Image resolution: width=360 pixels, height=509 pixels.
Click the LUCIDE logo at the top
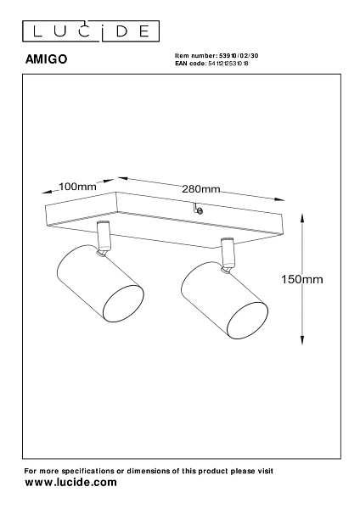tap(91, 31)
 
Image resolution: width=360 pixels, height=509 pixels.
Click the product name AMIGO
tap(46, 59)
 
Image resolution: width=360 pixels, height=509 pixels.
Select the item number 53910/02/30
tap(239, 55)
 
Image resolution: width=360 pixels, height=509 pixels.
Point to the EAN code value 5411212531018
tap(228, 64)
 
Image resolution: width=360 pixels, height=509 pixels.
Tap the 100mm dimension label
tap(77, 187)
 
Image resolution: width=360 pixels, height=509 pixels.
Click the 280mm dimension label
tap(200, 189)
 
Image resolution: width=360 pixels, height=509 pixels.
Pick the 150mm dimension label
tap(302, 279)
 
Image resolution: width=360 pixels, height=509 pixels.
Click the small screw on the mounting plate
tap(200, 211)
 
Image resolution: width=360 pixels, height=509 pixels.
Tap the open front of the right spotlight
tap(247, 321)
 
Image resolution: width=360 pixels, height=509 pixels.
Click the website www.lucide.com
tap(70, 483)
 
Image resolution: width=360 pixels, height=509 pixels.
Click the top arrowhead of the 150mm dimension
tap(302, 218)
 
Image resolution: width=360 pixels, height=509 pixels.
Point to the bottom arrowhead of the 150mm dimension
tap(302, 339)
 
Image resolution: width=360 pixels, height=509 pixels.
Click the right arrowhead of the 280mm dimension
tap(279, 199)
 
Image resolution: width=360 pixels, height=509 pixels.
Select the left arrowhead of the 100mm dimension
tap(47, 192)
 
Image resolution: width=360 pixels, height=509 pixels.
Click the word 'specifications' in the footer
tap(87, 471)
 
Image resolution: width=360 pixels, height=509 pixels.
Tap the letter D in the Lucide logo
tap(122, 31)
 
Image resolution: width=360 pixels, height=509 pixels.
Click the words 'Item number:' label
tap(196, 55)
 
